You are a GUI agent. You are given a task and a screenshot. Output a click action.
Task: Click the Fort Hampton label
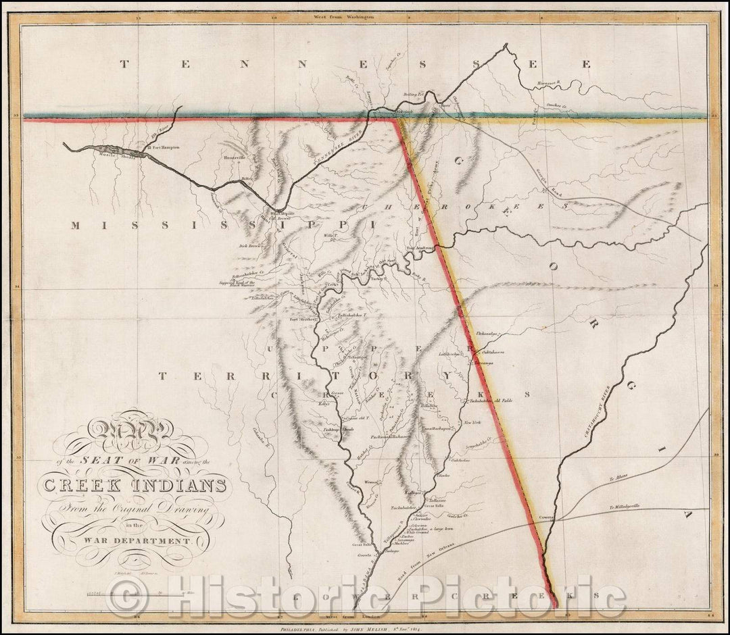(x=163, y=147)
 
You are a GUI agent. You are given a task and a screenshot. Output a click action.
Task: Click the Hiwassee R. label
(x=551, y=81)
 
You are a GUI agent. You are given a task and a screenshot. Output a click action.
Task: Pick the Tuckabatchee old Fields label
(x=491, y=401)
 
